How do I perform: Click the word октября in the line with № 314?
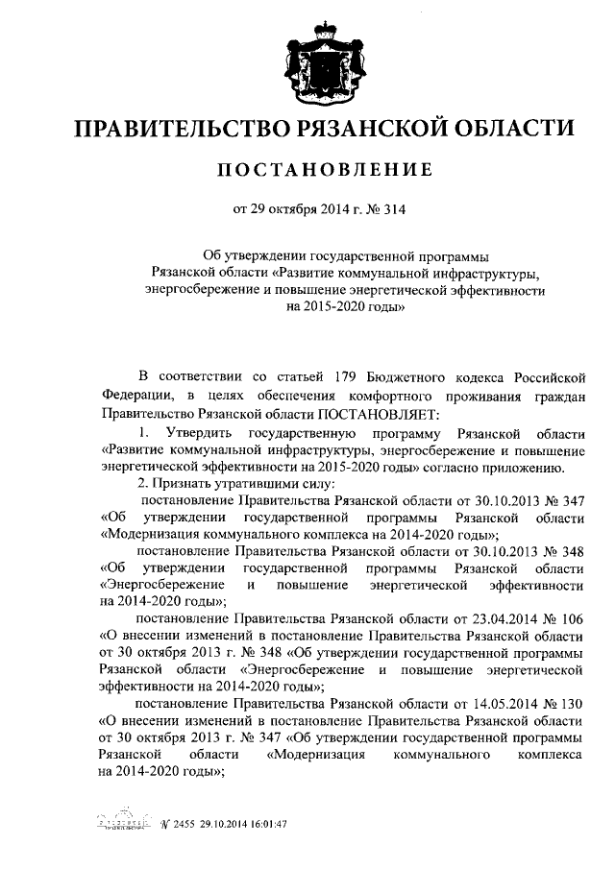tap(293, 210)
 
